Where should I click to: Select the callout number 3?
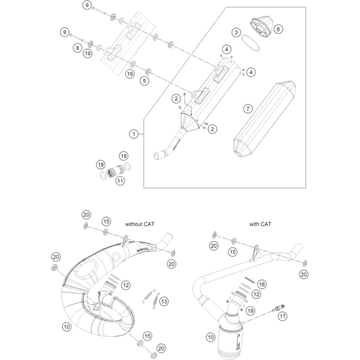click(x=236, y=32)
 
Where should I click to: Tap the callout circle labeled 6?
click(x=278, y=29)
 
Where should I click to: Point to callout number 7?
click(x=248, y=109)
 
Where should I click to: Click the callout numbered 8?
click(x=77, y=47)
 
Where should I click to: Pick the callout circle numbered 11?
click(x=120, y=180)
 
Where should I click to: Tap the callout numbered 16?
click(x=262, y=283)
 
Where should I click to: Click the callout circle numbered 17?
click(x=281, y=316)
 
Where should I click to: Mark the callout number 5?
click(x=144, y=81)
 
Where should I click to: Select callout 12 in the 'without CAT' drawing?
click(x=126, y=286)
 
